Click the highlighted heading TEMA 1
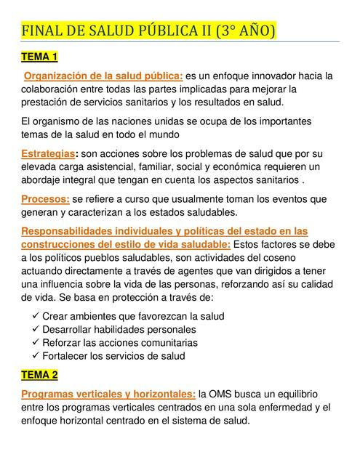click(40, 56)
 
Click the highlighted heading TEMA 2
click(40, 375)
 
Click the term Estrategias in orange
click(47, 154)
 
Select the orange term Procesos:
click(46, 198)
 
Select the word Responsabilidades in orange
click(68, 231)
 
